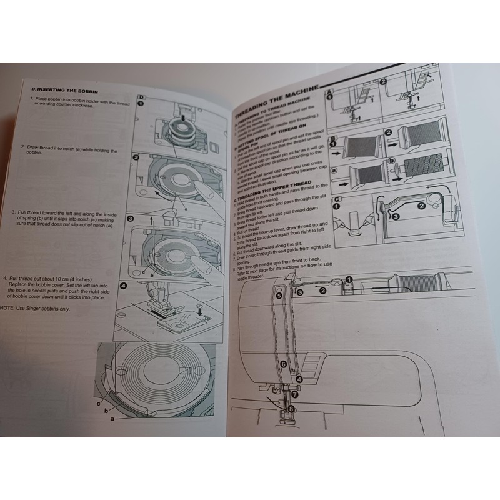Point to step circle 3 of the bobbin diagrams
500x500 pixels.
[131, 219]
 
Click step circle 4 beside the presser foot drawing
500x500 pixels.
[123, 286]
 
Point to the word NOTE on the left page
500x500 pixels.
[8, 308]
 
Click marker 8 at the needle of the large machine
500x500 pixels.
[291, 409]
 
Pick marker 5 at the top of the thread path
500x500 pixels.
[279, 301]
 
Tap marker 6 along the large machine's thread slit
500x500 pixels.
[284, 363]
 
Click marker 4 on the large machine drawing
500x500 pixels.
[299, 379]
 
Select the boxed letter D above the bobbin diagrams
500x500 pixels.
[141, 97]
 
